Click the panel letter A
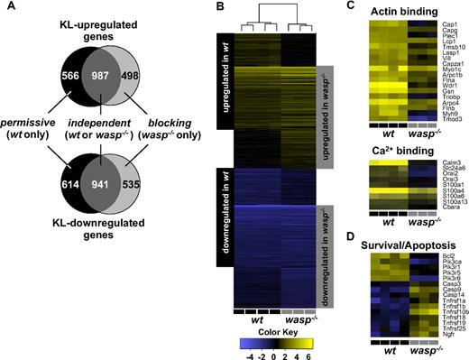pyautogui.click(x=8, y=9)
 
